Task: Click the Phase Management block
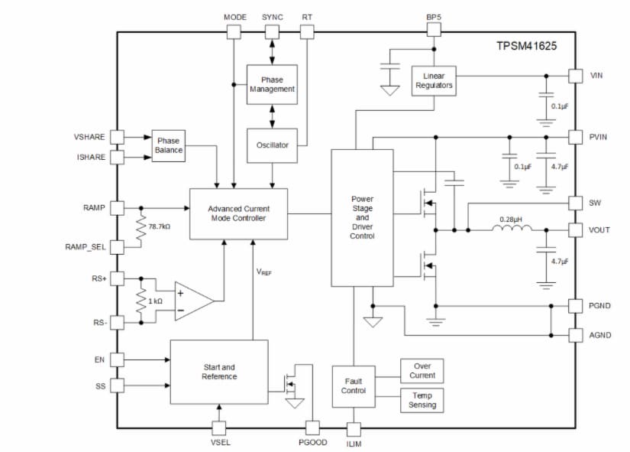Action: point(272,84)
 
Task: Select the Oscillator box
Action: point(272,145)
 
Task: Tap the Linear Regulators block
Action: point(434,80)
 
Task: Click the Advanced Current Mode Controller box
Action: point(238,213)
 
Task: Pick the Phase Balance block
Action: point(169,145)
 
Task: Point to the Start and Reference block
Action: point(219,372)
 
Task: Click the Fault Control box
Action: point(354,385)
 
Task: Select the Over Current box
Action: point(422,371)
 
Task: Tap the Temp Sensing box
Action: point(422,400)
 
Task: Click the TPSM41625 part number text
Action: point(526,46)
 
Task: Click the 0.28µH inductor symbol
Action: point(511,228)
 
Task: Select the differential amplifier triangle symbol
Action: point(192,301)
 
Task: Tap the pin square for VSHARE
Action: point(117,137)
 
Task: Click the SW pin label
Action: point(596,203)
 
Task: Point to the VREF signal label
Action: point(263,272)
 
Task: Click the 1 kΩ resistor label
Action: point(155,301)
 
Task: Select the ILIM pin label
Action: point(354,444)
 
